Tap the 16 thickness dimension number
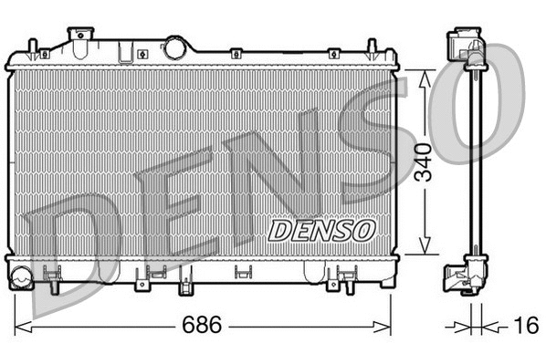pyautogui.click(x=525, y=326)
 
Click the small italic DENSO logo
pyautogui.click(x=321, y=229)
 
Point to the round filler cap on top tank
pyautogui.click(x=173, y=47)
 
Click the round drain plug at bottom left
pyautogui.click(x=21, y=273)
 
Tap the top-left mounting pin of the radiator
pyautogui.click(x=33, y=49)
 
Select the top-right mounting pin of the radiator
pyautogui.click(x=373, y=49)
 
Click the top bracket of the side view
pyautogui.click(x=467, y=50)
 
